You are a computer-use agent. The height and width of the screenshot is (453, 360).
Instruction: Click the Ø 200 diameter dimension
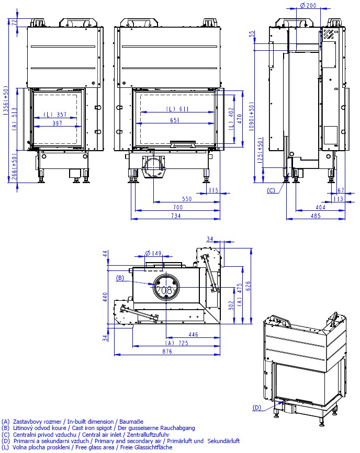(x=308, y=5)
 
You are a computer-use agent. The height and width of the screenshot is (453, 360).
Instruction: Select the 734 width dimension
(x=176, y=216)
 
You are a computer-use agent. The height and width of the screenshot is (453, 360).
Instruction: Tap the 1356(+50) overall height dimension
(x=5, y=101)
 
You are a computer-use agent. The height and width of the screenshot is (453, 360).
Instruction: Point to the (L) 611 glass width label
(x=177, y=109)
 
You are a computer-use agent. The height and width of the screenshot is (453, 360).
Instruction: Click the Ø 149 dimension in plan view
(x=153, y=253)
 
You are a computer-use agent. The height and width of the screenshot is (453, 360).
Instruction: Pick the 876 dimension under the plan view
(x=167, y=352)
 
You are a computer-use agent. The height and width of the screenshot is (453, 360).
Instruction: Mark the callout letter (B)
(x=120, y=278)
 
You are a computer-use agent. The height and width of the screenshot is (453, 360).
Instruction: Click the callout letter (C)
(x=271, y=190)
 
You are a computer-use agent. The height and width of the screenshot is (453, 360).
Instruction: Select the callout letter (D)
(x=257, y=407)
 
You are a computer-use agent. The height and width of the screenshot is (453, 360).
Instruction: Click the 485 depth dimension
(x=316, y=216)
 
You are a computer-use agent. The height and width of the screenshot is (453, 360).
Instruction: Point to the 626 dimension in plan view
(x=248, y=286)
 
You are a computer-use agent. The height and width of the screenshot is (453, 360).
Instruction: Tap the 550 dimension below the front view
(x=187, y=199)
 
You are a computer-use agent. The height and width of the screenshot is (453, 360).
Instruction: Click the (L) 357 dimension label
(x=55, y=115)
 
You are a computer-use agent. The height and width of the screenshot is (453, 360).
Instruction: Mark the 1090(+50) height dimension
(x=252, y=116)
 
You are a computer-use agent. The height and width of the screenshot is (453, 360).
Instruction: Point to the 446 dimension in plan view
(x=193, y=334)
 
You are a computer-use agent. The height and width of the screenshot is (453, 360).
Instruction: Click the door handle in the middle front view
(x=183, y=143)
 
